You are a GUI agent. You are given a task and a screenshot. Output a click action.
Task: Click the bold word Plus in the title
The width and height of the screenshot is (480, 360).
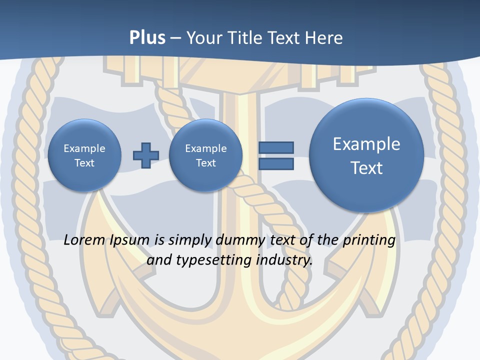(x=147, y=38)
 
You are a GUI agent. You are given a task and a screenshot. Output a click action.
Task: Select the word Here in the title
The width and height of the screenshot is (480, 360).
(x=325, y=38)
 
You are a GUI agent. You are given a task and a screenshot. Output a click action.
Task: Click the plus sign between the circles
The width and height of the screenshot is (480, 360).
(x=145, y=155)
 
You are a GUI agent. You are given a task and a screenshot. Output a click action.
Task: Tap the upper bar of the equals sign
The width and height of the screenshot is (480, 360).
(x=276, y=147)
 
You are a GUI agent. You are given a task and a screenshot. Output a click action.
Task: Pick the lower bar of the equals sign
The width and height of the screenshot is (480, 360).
(x=276, y=163)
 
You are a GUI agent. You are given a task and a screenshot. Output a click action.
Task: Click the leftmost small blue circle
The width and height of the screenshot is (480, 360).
(x=84, y=155)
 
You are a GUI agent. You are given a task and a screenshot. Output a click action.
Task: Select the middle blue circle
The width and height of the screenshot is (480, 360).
(x=205, y=155)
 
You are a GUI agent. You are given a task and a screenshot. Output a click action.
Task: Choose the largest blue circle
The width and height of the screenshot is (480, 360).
(x=366, y=155)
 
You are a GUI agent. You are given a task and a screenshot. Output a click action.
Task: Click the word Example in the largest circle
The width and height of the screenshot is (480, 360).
(x=366, y=144)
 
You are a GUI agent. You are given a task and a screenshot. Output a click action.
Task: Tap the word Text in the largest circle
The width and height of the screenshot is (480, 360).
(x=366, y=168)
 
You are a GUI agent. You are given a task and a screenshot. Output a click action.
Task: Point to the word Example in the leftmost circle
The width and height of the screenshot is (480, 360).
(x=84, y=148)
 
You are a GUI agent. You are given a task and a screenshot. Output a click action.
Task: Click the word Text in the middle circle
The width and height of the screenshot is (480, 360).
(x=205, y=163)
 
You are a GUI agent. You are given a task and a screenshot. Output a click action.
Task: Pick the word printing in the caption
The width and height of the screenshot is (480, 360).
(x=369, y=240)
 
